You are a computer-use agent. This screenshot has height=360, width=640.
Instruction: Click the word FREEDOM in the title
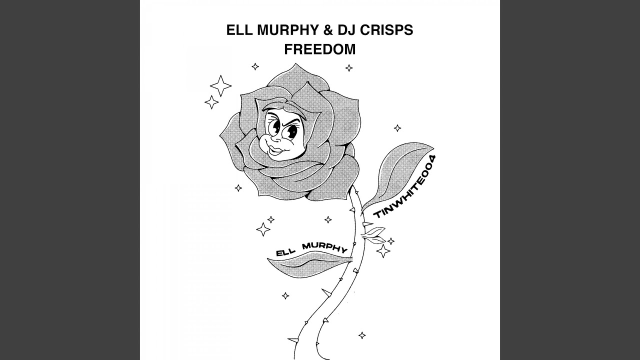[319, 49]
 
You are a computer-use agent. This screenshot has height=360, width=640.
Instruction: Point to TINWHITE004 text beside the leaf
[405, 186]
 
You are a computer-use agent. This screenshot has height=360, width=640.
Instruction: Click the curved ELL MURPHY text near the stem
[311, 249]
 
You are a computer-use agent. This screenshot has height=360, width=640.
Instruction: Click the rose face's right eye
[292, 131]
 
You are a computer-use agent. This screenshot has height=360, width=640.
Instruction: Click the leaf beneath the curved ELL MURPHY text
[308, 264]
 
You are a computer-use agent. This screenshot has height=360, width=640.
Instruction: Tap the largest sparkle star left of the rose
[220, 85]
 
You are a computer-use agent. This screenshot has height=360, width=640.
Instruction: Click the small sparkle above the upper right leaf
[397, 128]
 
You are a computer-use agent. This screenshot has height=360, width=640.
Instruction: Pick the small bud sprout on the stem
[373, 235]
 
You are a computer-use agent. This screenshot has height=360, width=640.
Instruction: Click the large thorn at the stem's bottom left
[293, 339]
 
